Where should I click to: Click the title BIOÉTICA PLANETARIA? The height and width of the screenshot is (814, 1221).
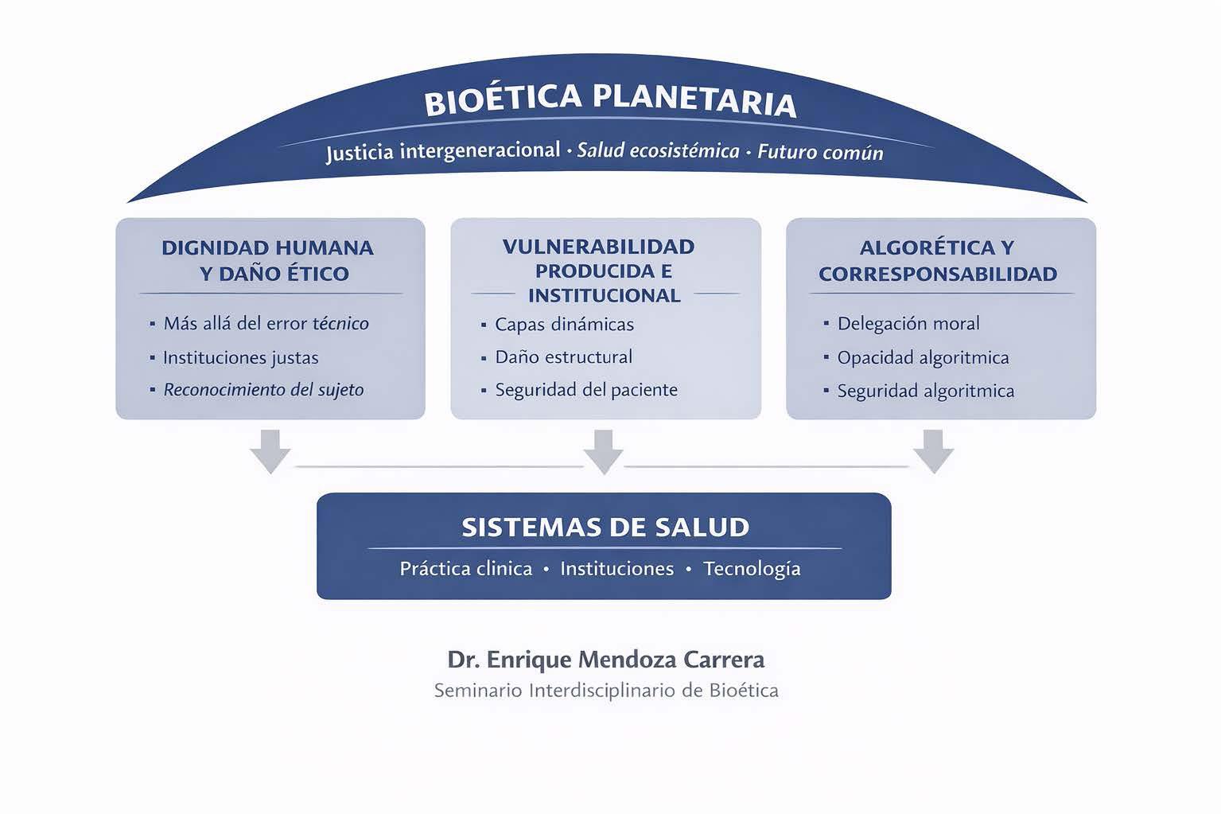tap(609, 101)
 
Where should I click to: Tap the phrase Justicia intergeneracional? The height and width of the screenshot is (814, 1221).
tap(443, 150)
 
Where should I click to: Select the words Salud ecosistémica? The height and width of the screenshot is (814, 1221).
tap(658, 150)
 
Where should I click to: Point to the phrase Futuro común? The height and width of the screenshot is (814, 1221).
tap(820, 151)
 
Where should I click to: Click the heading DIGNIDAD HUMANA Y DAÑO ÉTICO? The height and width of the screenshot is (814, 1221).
tap(268, 260)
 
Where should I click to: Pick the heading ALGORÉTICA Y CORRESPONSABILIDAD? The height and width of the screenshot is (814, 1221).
tap(937, 260)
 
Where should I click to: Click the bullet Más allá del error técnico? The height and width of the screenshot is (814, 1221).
tap(266, 323)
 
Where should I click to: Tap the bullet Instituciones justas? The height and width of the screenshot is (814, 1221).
tap(240, 357)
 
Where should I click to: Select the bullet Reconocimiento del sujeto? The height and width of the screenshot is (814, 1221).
tap(263, 390)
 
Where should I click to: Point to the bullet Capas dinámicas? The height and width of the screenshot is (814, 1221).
tap(564, 324)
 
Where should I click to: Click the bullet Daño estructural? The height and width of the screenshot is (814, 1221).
tap(563, 356)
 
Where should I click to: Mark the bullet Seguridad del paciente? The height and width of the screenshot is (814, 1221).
tap(586, 390)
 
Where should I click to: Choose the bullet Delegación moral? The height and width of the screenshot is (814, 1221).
tap(908, 323)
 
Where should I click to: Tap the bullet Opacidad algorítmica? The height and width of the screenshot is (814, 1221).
tap(923, 357)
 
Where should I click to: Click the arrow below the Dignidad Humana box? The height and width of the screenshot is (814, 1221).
tap(270, 450)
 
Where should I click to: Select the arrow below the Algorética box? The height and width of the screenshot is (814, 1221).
tap(933, 450)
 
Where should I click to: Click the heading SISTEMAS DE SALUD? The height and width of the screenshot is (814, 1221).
tap(605, 527)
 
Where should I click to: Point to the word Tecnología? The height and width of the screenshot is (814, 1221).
tap(752, 569)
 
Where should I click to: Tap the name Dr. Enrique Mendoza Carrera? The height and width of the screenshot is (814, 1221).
tap(605, 660)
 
